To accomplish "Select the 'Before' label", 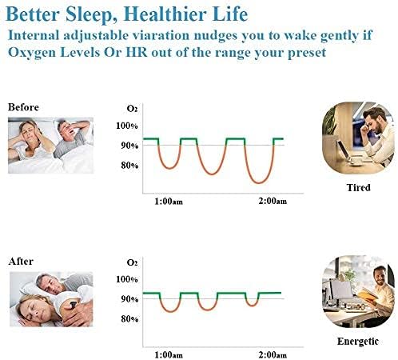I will click(x=22, y=106).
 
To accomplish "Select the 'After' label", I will click(x=20, y=261).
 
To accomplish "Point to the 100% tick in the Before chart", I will click(x=127, y=126).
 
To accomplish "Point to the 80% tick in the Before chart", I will click(x=129, y=166).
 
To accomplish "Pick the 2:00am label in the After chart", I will click(x=272, y=354).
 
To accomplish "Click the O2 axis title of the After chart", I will click(x=133, y=262).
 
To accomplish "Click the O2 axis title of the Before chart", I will click(x=133, y=109).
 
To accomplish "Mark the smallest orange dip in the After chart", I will click(x=253, y=304).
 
